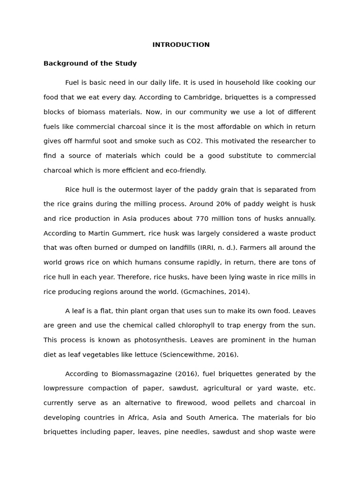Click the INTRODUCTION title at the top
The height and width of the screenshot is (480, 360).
[181, 45]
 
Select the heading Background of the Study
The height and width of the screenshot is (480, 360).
[90, 63]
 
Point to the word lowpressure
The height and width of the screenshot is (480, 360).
[63, 389]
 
